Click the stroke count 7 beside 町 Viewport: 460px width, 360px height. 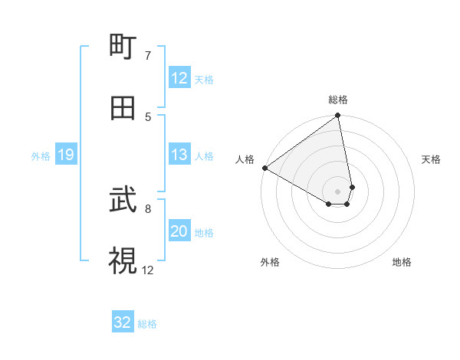coord(147,55)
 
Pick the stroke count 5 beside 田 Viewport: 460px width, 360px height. coord(147,116)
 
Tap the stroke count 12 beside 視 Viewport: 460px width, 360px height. coord(148,270)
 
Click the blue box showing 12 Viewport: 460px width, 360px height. coord(179,78)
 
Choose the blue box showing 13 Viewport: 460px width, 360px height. coord(179,155)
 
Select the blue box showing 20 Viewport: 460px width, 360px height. coord(179,231)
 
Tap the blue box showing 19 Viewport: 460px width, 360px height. coord(66,155)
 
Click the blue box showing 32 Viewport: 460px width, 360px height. coord(123,322)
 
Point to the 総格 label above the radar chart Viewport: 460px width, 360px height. coord(338,100)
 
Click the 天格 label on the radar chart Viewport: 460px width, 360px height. coord(431,159)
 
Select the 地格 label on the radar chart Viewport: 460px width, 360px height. coord(402,262)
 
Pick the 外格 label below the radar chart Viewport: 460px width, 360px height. coord(270,262)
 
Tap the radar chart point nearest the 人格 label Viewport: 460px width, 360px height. coord(264,168)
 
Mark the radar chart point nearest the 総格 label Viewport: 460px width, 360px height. coord(338,116)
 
